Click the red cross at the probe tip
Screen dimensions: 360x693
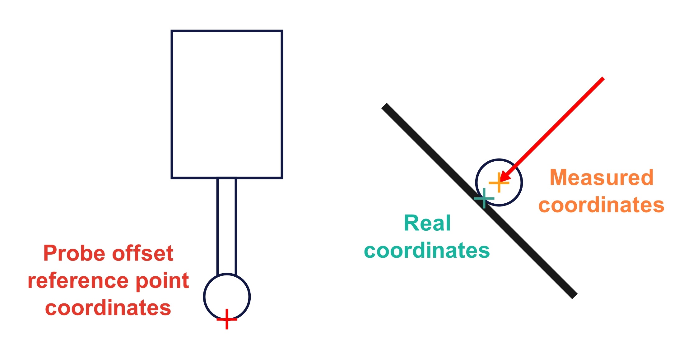click(227, 319)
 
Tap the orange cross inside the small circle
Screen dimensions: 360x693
click(499, 182)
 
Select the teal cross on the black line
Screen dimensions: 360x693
click(484, 198)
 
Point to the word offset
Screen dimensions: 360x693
click(142, 253)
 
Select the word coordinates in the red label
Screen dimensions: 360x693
click(108, 308)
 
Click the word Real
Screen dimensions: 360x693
click(427, 223)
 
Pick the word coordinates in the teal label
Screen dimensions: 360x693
click(427, 250)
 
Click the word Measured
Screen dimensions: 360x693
click(602, 178)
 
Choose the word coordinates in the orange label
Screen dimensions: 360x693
click(601, 205)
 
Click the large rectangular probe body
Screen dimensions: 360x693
click(227, 104)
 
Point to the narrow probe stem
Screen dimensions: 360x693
click(227, 225)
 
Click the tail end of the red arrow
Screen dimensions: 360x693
click(602, 79)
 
